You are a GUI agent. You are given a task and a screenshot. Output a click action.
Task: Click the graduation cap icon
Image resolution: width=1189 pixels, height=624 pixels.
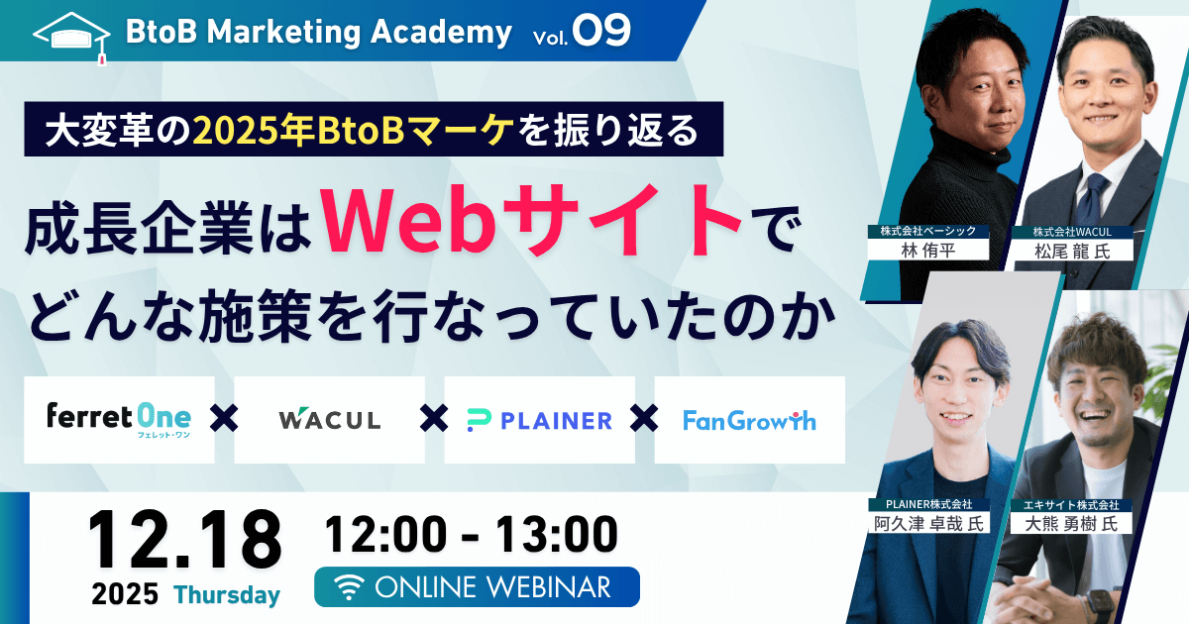pyautogui.click(x=71, y=39)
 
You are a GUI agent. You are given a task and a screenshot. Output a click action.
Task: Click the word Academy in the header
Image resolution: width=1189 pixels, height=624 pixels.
pyautogui.click(x=441, y=33)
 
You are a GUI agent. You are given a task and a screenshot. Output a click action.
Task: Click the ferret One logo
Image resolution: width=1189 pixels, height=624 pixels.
pyautogui.click(x=119, y=420)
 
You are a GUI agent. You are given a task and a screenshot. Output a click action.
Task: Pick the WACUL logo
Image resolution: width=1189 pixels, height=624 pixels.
pyautogui.click(x=330, y=419)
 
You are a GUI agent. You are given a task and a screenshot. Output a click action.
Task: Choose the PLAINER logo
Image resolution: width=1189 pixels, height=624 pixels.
pyautogui.click(x=539, y=420)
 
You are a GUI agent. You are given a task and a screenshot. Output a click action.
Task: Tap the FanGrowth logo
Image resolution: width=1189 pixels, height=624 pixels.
pyautogui.click(x=749, y=420)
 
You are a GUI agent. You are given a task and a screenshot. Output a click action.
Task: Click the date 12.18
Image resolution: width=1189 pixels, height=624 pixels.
pyautogui.click(x=184, y=540)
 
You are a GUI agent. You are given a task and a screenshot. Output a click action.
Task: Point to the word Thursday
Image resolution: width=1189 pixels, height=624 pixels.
pyautogui.click(x=227, y=594)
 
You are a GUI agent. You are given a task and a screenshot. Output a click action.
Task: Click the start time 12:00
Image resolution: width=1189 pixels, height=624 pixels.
pyautogui.click(x=385, y=534)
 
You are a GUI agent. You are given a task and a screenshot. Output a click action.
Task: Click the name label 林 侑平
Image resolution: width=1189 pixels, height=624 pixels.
pyautogui.click(x=927, y=250)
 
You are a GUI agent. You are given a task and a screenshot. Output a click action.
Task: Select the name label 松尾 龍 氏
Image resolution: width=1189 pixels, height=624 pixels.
pyautogui.click(x=1072, y=251)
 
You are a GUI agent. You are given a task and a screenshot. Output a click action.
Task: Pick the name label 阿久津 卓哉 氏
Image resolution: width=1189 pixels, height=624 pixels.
pyautogui.click(x=928, y=524)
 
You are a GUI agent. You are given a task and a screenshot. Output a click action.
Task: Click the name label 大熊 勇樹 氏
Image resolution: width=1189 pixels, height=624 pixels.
pyautogui.click(x=1071, y=524)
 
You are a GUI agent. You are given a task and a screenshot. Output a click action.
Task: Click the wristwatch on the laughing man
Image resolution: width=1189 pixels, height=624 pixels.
pyautogui.click(x=1096, y=605)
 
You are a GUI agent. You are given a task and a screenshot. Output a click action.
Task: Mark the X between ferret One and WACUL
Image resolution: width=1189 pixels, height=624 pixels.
pyautogui.click(x=224, y=418)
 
